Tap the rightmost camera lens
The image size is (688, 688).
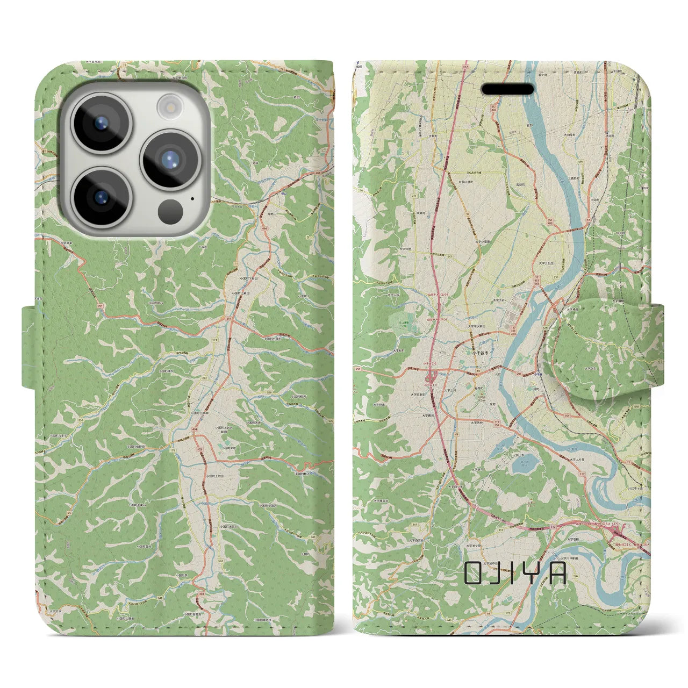[170, 160]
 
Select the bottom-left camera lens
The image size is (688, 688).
[101, 197]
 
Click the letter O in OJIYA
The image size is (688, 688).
[474, 573]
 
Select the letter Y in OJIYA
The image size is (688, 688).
[536, 573]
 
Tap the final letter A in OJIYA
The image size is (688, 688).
[558, 573]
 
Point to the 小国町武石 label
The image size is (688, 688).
[159, 302]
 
